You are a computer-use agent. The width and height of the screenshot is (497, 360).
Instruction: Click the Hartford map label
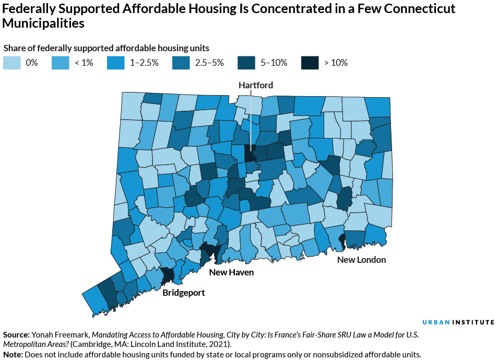tap(256, 85)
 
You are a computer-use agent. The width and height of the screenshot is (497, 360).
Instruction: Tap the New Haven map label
tap(231, 272)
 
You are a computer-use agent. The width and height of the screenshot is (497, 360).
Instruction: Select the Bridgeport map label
tap(184, 293)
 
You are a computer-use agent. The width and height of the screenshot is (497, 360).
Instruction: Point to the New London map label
tap(361, 260)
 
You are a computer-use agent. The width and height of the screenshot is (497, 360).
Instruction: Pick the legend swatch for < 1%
tap(61, 63)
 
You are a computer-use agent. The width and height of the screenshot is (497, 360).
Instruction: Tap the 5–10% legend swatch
tap(247, 63)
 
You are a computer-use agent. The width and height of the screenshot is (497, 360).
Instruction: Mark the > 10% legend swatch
tap(310, 63)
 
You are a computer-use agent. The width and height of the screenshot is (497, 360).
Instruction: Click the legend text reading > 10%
tap(336, 63)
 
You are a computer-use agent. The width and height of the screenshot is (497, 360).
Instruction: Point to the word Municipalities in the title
tap(43, 24)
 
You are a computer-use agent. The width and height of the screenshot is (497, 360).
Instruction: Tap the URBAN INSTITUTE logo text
tap(458, 322)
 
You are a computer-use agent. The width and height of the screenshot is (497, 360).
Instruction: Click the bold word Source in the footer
tap(16, 334)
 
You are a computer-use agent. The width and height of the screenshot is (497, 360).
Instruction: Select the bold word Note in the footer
tap(13, 354)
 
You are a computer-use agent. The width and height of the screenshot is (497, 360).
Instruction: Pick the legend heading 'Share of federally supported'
tap(60, 48)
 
